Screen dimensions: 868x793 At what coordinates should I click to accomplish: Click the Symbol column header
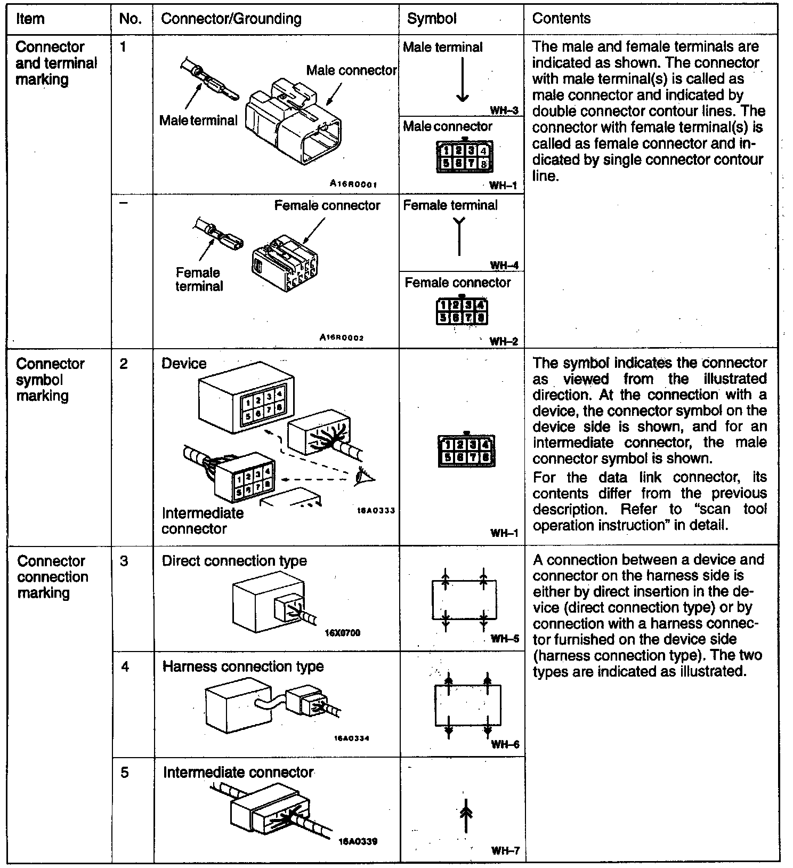[432, 19]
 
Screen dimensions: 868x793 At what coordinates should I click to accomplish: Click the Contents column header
[561, 19]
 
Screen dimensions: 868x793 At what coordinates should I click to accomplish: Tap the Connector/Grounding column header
[231, 19]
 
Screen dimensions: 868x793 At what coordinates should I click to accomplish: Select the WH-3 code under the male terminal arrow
[504, 111]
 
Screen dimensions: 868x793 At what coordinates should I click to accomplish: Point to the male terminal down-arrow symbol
[463, 79]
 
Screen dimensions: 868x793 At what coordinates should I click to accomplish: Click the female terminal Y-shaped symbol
[459, 235]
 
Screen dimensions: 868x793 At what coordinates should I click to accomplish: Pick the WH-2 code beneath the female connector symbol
[504, 341]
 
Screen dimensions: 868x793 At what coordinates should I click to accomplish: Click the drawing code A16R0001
[353, 184]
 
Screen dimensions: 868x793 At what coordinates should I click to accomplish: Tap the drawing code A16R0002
[342, 337]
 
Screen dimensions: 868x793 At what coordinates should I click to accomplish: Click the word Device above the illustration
[184, 364]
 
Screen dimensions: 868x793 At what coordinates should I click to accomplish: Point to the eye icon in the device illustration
[365, 475]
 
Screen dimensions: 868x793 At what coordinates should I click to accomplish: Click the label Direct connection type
[234, 561]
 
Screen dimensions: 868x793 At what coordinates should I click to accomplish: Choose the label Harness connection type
[243, 666]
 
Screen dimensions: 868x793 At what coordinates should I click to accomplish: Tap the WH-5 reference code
[505, 638]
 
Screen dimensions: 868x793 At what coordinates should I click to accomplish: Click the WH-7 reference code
[505, 851]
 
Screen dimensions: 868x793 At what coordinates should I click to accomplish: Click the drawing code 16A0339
[358, 841]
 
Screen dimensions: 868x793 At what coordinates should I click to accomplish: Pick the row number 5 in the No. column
[125, 773]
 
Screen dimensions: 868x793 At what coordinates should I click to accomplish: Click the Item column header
[30, 19]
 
